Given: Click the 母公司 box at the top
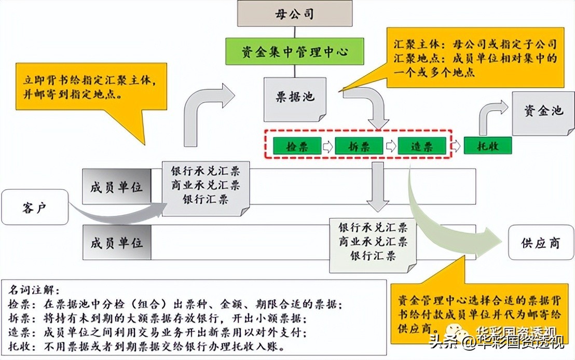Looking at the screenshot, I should tap(294, 13).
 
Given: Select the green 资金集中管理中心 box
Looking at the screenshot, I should tap(294, 52).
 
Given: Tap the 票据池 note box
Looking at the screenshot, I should tap(295, 97).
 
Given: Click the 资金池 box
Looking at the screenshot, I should tap(543, 112).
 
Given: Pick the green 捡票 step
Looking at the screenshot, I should tap(297, 146).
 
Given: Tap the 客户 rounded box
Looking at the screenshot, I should tap(35, 207).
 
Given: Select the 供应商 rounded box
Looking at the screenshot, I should tap(540, 243).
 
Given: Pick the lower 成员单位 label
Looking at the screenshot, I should tap(117, 242).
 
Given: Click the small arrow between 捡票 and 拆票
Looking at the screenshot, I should tap(327, 146).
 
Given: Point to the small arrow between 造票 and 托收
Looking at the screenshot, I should tap(455, 146).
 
